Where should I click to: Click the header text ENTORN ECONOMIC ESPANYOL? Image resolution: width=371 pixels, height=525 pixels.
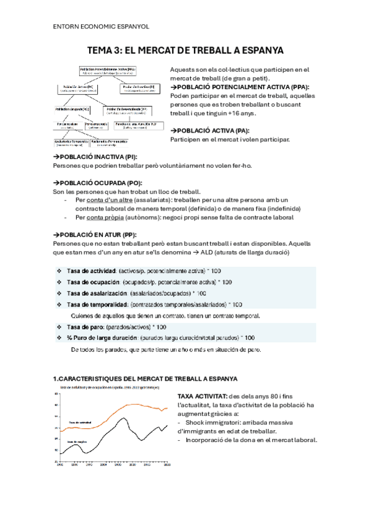97,27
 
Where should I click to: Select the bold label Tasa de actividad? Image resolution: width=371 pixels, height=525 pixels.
92,271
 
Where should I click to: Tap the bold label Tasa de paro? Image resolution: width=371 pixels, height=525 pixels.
85,327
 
